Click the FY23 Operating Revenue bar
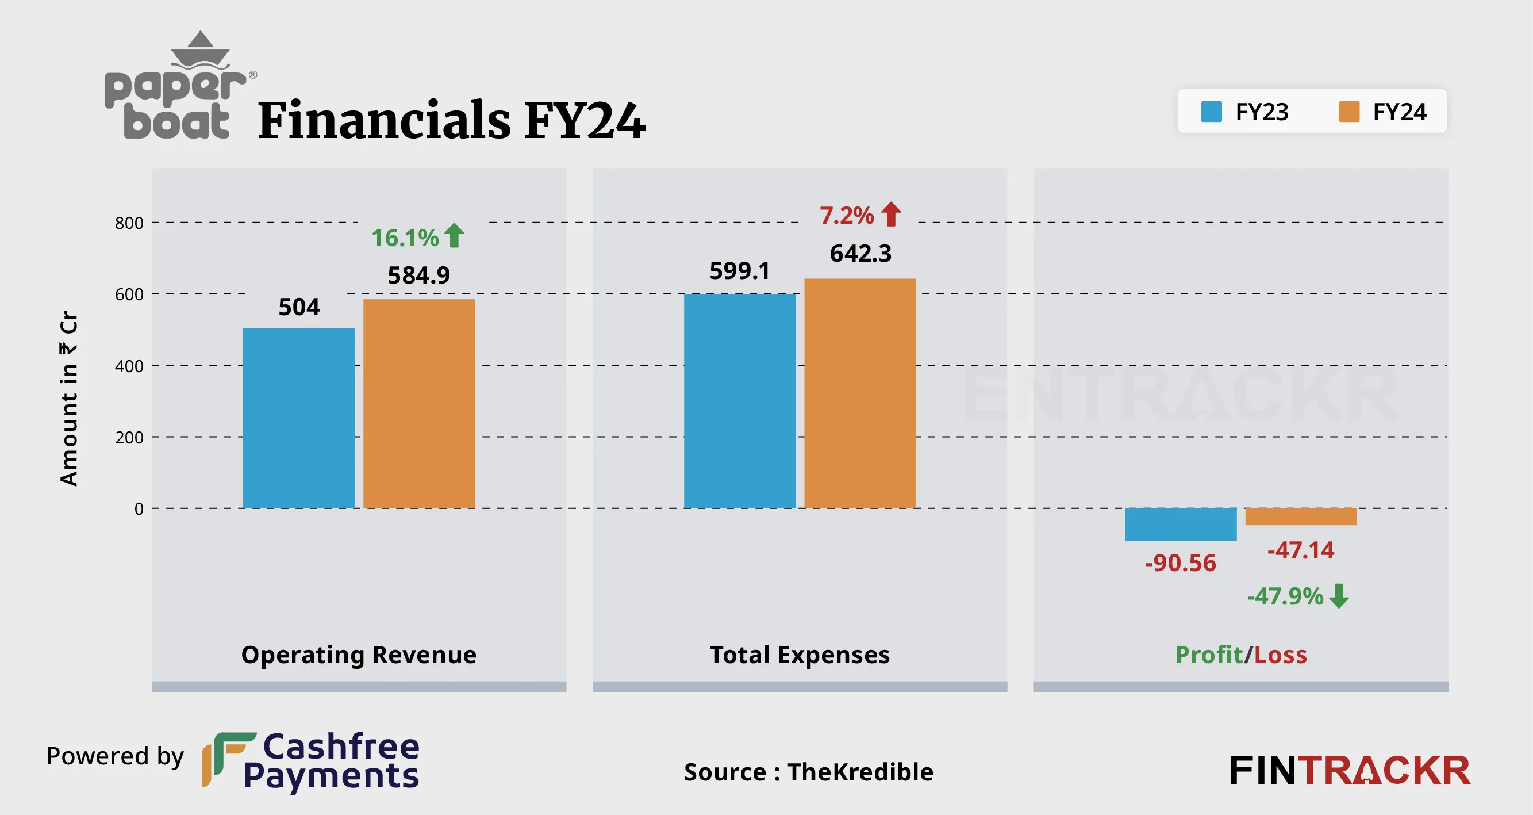click(x=299, y=418)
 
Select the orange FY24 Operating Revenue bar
click(x=419, y=404)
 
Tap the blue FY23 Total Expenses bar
click(x=740, y=401)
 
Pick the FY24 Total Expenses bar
click(x=860, y=393)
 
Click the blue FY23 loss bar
click(x=1181, y=525)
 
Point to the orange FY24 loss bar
click(x=1301, y=516)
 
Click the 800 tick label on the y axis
click(x=129, y=223)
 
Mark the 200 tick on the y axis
click(x=129, y=438)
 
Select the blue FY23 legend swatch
click(x=1211, y=112)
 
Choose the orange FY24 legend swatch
click(x=1348, y=112)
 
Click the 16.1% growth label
click(x=405, y=238)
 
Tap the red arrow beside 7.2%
click(x=891, y=215)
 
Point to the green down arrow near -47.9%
click(x=1339, y=595)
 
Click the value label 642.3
click(x=860, y=254)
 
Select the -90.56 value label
click(x=1180, y=563)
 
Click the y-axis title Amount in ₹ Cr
click(x=69, y=399)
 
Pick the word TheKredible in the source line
click(x=860, y=772)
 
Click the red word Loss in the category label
click(x=1281, y=655)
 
